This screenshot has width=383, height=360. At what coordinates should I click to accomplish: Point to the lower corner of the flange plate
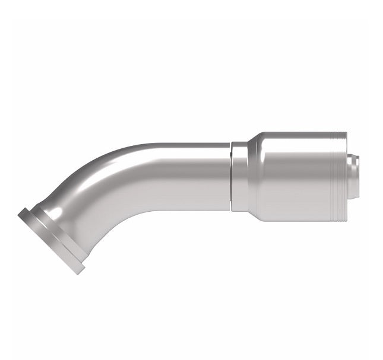point(80,272)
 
